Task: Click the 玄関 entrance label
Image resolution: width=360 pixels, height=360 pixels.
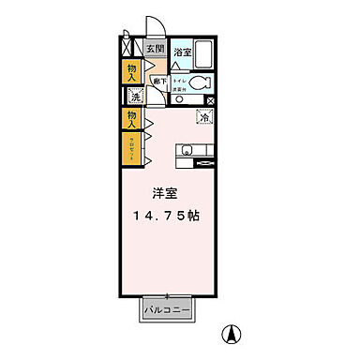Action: click(155, 49)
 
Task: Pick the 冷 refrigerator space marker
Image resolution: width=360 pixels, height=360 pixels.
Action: click(204, 118)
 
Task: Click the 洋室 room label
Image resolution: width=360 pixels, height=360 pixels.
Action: click(166, 195)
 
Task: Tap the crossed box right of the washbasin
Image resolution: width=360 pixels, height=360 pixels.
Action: click(210, 99)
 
